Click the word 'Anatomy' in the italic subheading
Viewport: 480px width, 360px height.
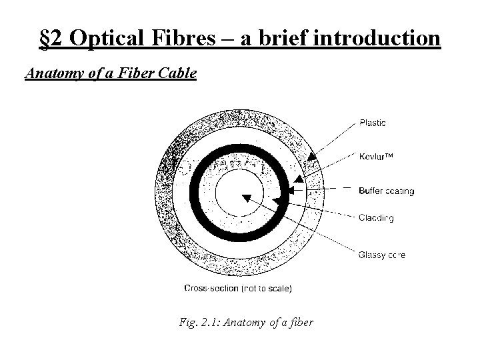pos(51,73)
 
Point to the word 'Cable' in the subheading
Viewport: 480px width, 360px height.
pos(178,73)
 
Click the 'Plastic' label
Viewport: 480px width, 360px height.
pos(372,123)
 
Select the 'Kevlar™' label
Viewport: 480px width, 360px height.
pos(376,157)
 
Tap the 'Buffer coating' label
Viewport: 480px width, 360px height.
pos(386,191)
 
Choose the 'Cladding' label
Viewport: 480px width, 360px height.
pos(376,217)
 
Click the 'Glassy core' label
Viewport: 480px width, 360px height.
pos(381,255)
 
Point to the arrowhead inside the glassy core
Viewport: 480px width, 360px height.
pos(246,197)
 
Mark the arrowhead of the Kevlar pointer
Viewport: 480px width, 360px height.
pos(299,179)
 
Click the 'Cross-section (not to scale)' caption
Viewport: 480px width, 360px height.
pos(237,289)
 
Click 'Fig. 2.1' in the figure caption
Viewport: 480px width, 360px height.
pos(199,323)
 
